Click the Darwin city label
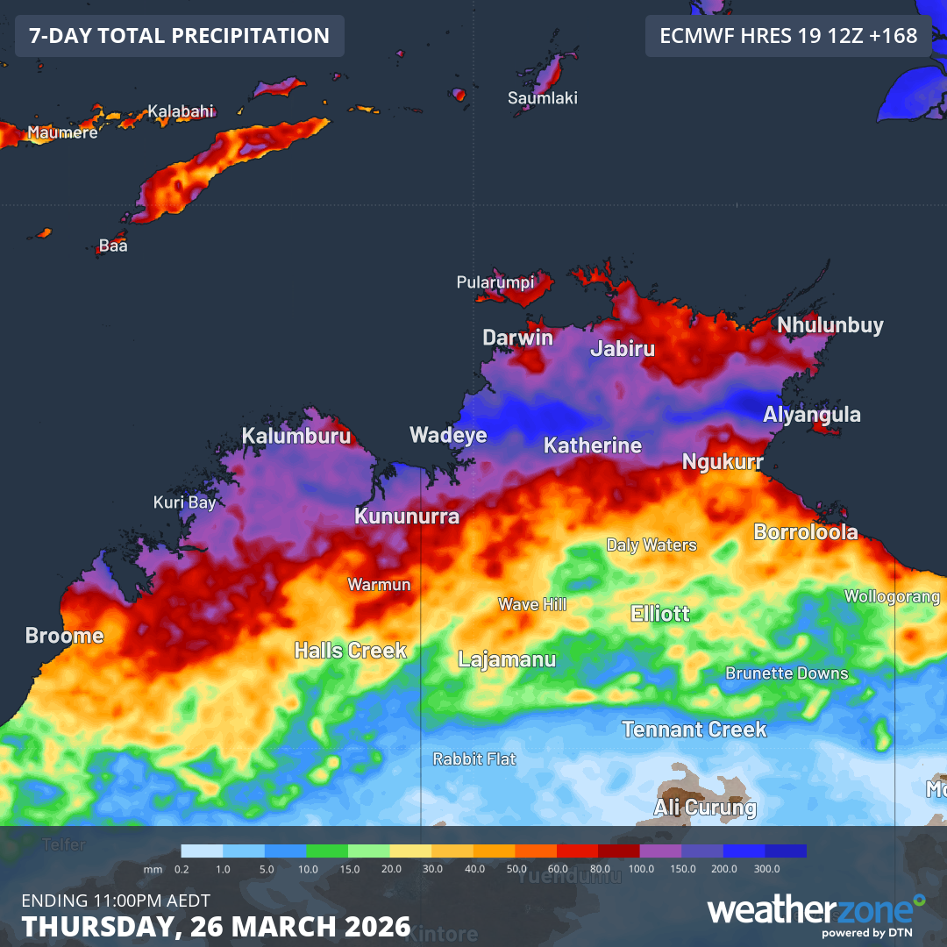click(x=518, y=338)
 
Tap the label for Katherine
click(x=593, y=445)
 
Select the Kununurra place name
click(x=407, y=516)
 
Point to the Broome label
click(x=64, y=636)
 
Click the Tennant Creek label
click(x=694, y=730)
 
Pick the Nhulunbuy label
click(x=830, y=325)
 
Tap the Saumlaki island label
click(x=543, y=98)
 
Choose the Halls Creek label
click(x=351, y=651)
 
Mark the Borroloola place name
click(x=806, y=532)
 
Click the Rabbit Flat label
click(x=474, y=759)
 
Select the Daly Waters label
click(x=652, y=545)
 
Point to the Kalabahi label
click(x=181, y=111)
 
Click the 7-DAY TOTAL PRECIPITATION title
click(x=180, y=36)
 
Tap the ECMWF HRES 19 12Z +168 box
click(x=788, y=36)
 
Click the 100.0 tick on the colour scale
click(x=641, y=868)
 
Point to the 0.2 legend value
click(x=182, y=868)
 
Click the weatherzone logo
click(x=815, y=912)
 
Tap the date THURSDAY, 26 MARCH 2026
click(x=216, y=926)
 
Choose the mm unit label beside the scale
click(x=153, y=868)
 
